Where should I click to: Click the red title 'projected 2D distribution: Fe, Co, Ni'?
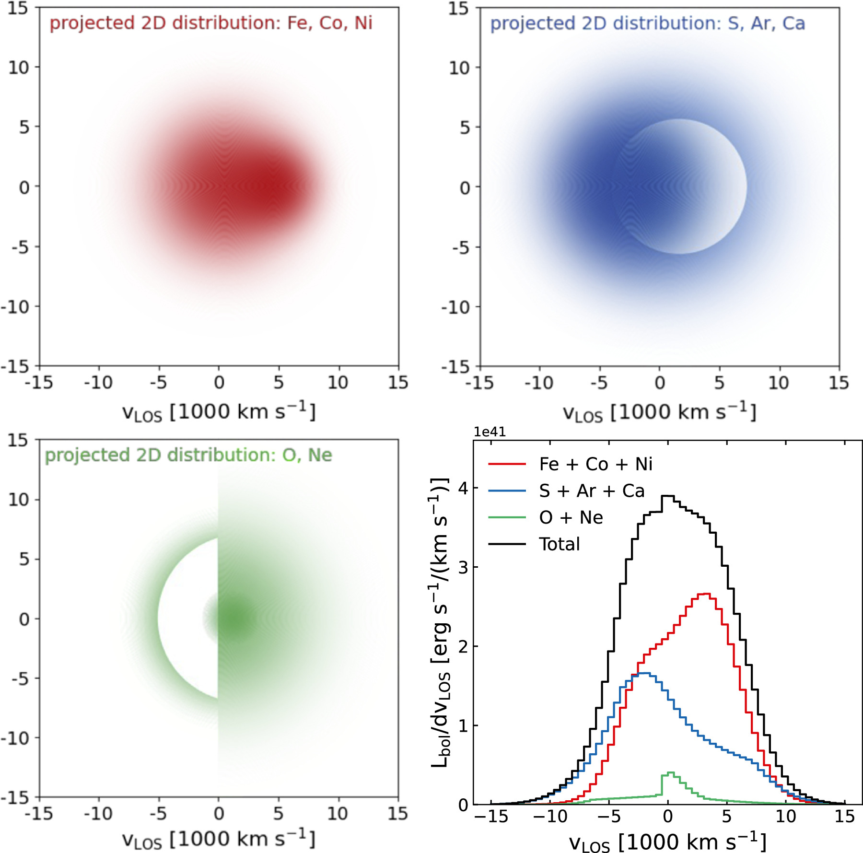[x=211, y=23]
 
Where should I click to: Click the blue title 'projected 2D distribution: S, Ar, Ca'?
[x=647, y=23]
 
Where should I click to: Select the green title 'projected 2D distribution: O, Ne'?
[x=188, y=455]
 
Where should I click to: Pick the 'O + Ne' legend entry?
[x=571, y=517]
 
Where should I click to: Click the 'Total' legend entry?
[x=559, y=544]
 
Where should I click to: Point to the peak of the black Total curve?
[x=668, y=496]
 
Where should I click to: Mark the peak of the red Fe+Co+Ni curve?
[x=704, y=594]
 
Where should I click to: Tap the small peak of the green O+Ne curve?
[x=671, y=772]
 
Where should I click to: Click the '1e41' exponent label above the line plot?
[x=490, y=432]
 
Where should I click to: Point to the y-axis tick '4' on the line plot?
[x=463, y=488]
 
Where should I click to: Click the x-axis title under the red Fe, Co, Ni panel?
[x=219, y=412]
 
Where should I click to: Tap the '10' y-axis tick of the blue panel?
[x=459, y=68]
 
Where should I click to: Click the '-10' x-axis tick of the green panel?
[x=98, y=813]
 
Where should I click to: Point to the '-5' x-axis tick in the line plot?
[x=608, y=816]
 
